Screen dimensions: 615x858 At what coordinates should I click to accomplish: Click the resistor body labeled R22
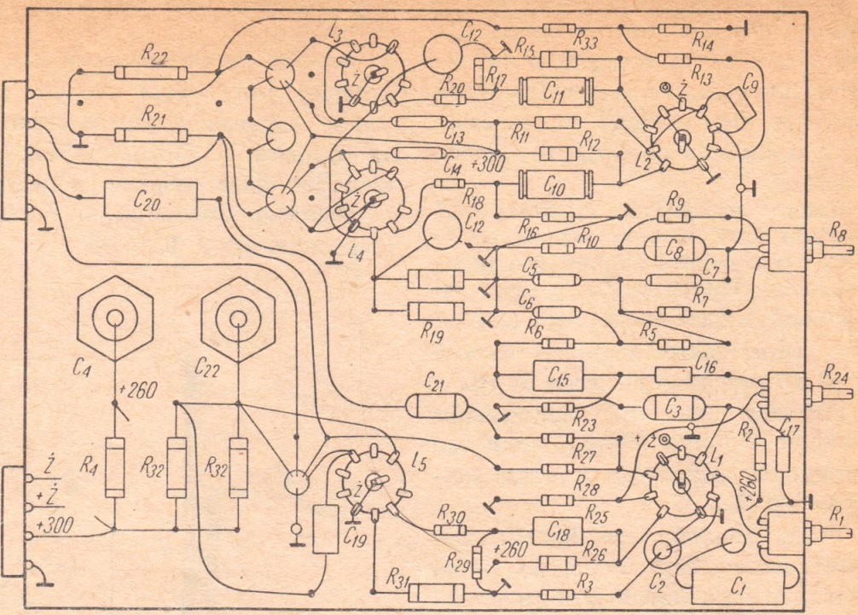tap(150, 73)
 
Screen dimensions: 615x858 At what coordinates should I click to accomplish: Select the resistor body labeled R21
tap(150, 135)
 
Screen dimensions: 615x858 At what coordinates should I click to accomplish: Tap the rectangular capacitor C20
tap(150, 199)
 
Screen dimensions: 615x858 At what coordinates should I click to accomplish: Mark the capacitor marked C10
tap(555, 183)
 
